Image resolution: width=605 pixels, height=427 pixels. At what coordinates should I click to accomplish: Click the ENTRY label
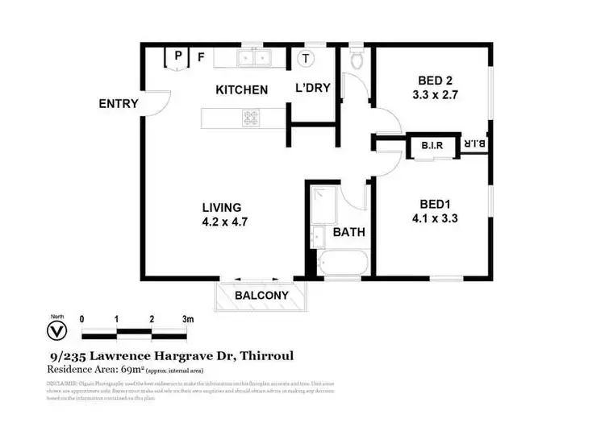[119, 104]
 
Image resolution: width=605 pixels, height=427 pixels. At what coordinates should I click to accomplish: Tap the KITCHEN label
[241, 89]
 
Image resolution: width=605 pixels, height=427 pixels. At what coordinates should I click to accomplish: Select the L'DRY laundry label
[312, 88]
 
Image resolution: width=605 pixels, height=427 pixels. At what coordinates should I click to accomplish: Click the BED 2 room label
[435, 81]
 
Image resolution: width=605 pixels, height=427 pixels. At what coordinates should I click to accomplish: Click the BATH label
[349, 232]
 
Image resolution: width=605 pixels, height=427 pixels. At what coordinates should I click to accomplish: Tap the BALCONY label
[261, 296]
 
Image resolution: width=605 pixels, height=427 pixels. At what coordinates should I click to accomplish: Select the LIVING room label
[222, 207]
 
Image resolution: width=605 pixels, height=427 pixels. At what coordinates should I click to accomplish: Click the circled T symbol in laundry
[307, 57]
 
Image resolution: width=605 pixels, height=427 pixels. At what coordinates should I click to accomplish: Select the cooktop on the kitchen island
[251, 119]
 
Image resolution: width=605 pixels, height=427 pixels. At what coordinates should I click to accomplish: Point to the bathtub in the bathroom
[342, 264]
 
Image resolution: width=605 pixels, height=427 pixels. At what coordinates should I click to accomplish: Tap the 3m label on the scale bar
[187, 319]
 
